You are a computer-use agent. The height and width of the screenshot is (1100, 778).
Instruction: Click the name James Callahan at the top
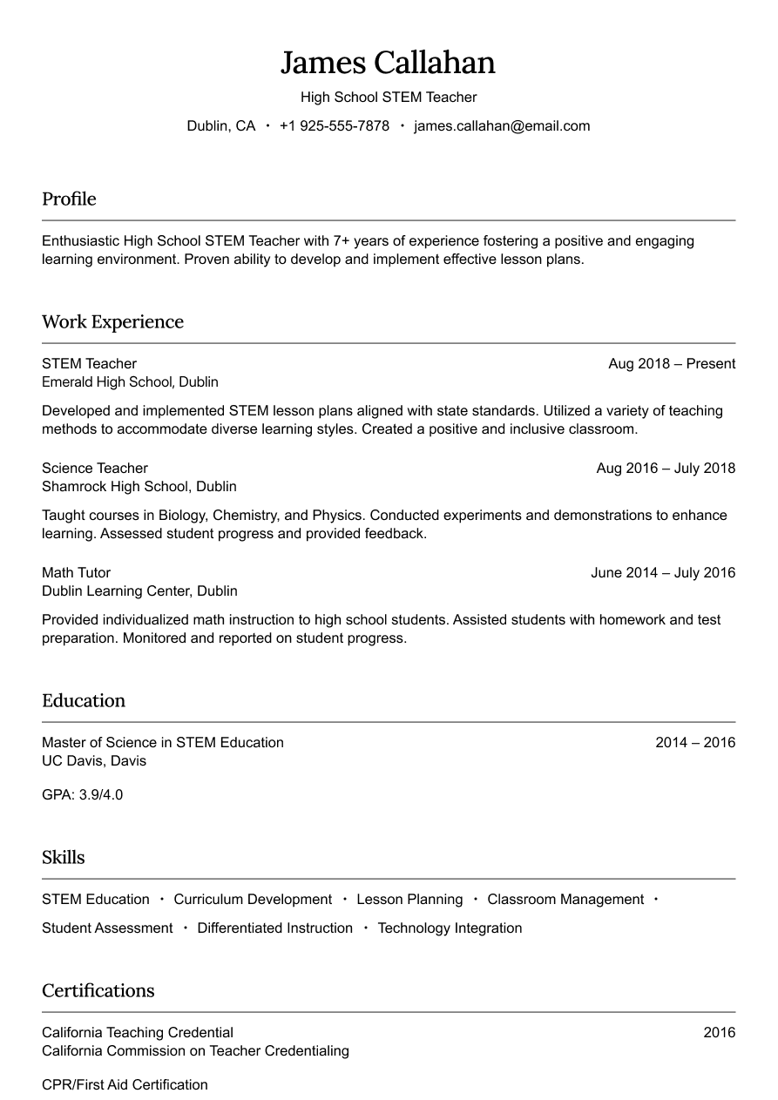click(x=388, y=63)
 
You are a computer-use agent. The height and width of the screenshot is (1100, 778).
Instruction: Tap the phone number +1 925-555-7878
click(x=334, y=126)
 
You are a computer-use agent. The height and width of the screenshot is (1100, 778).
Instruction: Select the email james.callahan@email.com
click(x=502, y=126)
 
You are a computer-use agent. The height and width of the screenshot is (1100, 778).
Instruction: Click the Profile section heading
click(x=69, y=199)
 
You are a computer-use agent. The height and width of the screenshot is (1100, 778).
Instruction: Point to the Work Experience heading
click(x=112, y=322)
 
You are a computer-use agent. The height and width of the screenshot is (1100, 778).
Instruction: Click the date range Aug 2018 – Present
click(x=672, y=364)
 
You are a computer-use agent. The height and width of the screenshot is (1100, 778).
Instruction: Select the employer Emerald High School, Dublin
click(x=130, y=382)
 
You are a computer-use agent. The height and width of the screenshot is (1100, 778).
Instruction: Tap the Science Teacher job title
click(x=95, y=469)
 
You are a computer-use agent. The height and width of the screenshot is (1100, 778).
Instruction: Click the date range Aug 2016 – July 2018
click(x=666, y=469)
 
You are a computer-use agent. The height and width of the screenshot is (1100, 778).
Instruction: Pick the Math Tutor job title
click(x=76, y=573)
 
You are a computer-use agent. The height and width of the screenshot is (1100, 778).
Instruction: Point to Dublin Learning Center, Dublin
click(x=139, y=591)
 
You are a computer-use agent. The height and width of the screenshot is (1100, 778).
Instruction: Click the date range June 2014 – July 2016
click(x=663, y=573)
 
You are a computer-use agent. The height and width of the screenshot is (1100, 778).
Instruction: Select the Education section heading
click(x=84, y=701)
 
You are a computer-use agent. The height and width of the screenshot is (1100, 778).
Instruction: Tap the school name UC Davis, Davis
click(x=94, y=761)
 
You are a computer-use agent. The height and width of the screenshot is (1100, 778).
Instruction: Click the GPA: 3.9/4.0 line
click(x=82, y=795)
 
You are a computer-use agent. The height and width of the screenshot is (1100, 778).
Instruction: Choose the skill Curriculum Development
click(x=253, y=900)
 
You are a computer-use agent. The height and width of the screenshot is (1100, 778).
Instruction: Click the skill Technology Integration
click(x=450, y=928)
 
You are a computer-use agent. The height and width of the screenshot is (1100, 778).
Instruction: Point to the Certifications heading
click(x=98, y=991)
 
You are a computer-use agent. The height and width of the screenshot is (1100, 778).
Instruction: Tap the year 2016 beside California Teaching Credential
click(x=720, y=1033)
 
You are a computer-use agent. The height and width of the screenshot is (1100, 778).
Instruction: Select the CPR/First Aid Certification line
click(x=125, y=1085)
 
